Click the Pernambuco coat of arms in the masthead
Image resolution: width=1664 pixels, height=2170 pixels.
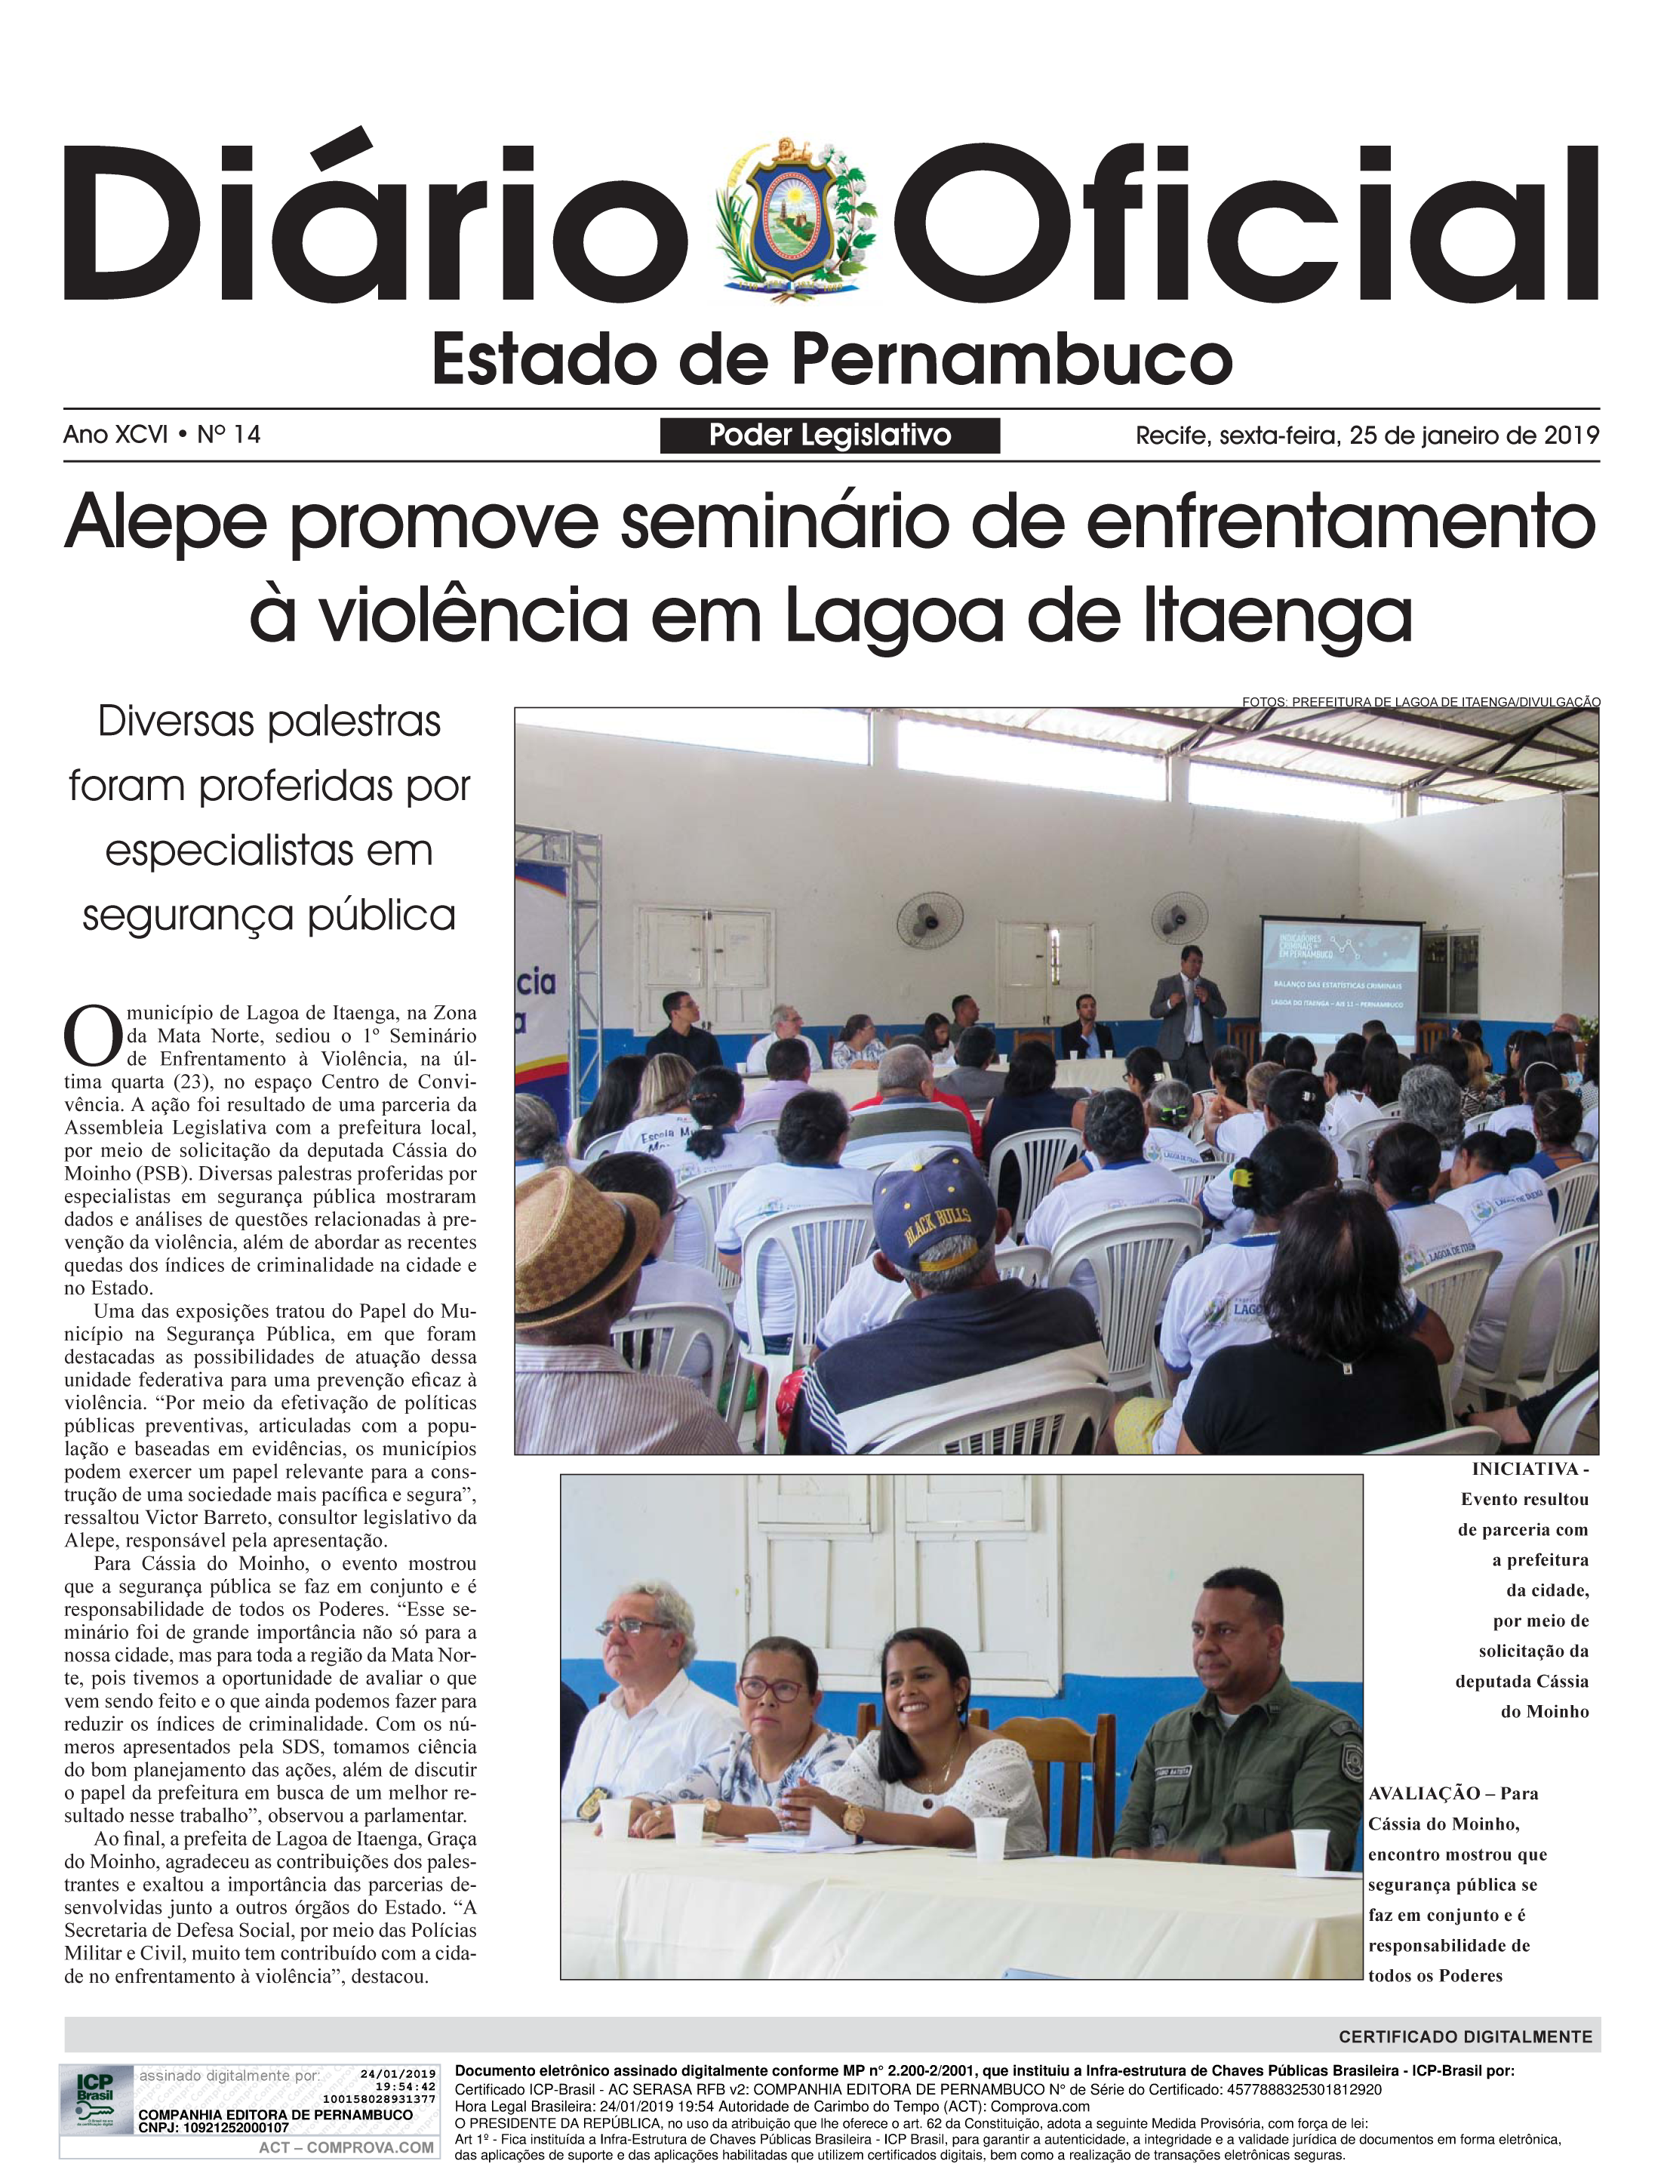pos(802,221)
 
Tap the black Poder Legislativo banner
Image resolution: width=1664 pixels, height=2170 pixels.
pos(829,435)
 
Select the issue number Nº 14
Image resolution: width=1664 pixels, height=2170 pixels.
pos(229,434)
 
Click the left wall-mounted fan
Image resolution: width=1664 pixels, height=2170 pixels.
pos(929,920)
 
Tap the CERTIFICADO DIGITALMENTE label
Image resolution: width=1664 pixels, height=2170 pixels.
pos(1465,2037)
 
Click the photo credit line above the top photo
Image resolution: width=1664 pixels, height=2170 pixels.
pos(1420,701)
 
